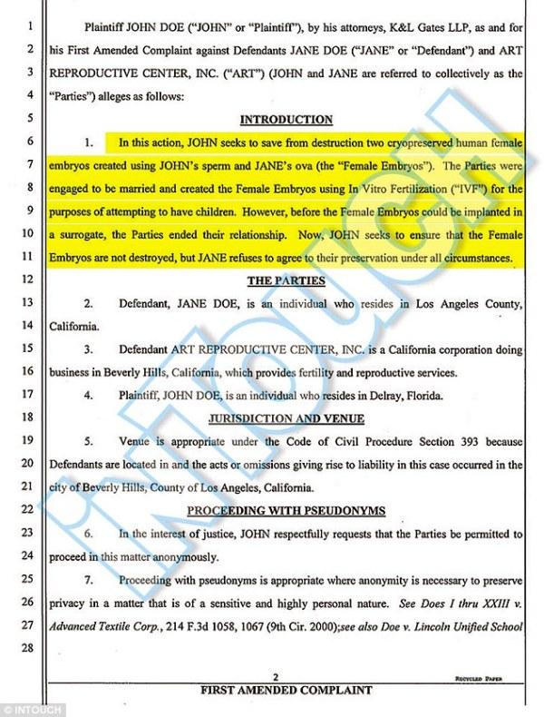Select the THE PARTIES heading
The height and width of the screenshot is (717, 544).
coord(287,279)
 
